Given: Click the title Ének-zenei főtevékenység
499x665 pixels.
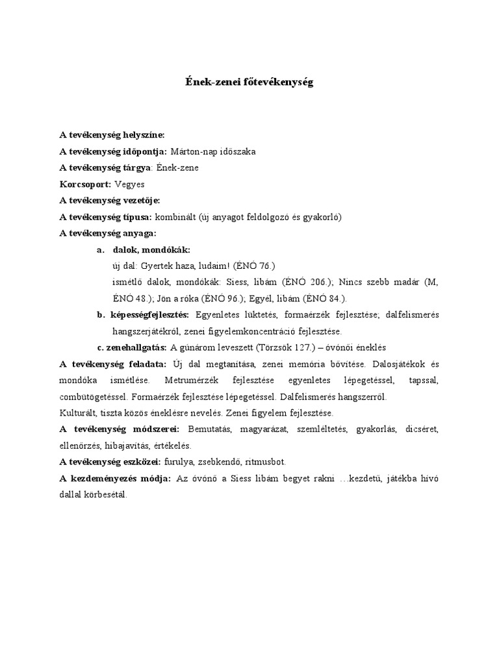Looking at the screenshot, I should click(x=249, y=83).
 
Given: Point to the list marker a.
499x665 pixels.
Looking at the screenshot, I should click(x=100, y=249).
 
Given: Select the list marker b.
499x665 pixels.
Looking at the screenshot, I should click(x=100, y=315).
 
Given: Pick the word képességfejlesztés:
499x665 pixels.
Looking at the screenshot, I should click(x=150, y=315).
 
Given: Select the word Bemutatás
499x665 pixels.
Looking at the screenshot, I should click(x=208, y=429).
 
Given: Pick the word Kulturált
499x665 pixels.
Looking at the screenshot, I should click(x=79, y=413).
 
